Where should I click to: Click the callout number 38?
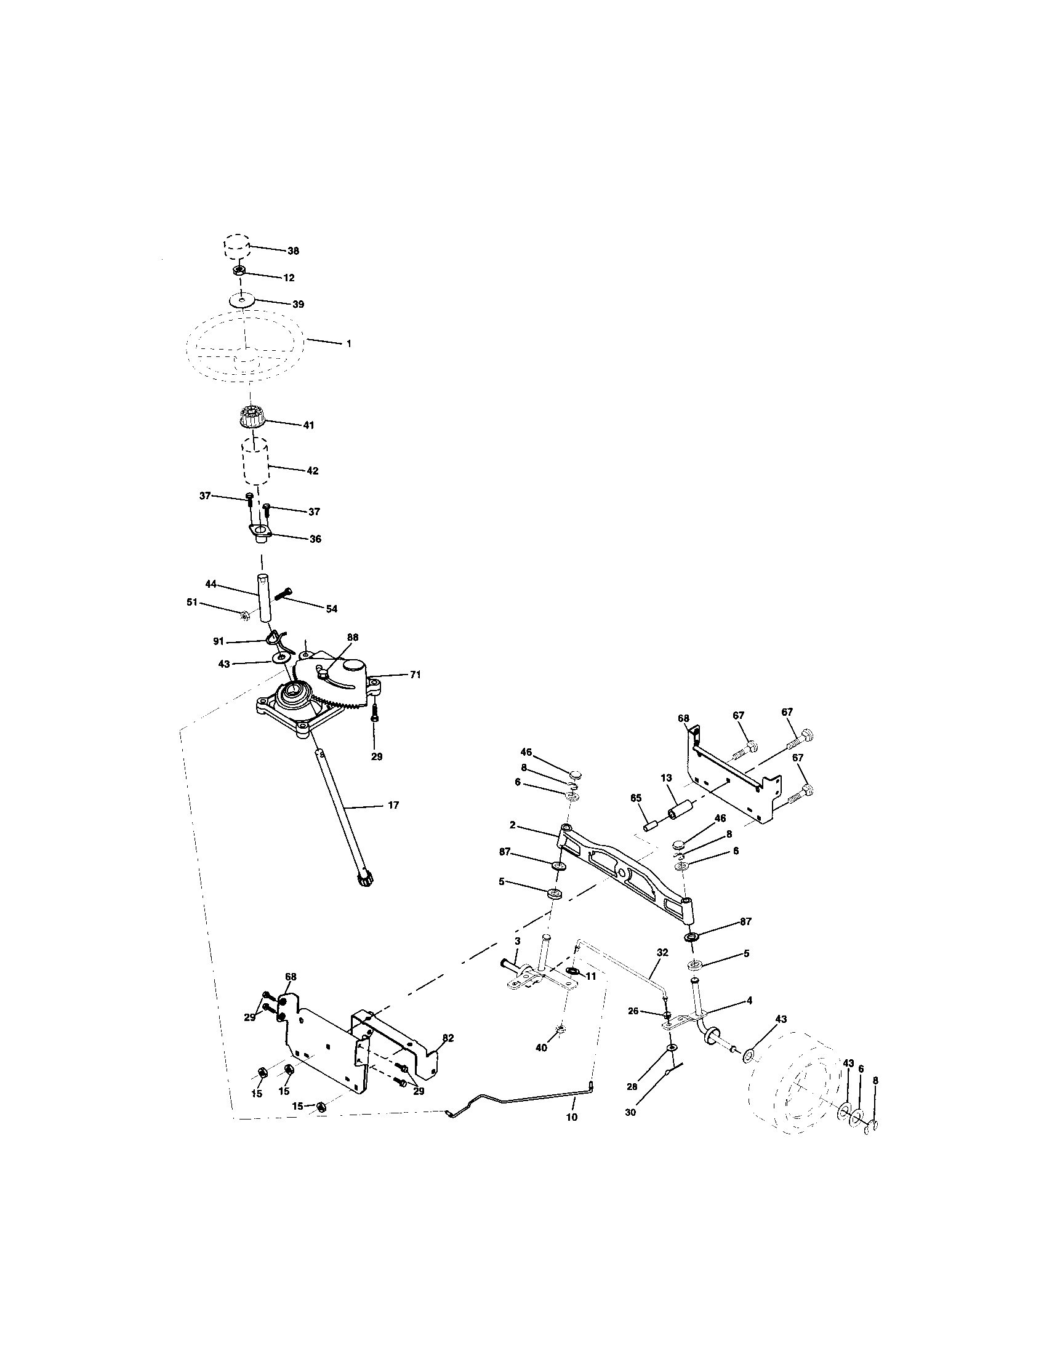(293, 251)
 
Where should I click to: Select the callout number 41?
(308, 425)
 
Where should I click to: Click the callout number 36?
(315, 539)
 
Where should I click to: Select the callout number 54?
(331, 609)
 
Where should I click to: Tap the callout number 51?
(191, 601)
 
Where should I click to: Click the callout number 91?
(219, 642)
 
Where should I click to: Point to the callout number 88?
(353, 637)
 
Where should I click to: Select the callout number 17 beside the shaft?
(393, 806)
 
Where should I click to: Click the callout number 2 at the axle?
(512, 825)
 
